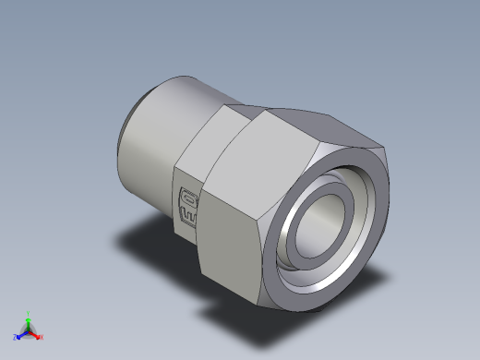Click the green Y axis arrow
point(29,320)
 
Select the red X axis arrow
point(36,334)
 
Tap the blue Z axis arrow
point(21,334)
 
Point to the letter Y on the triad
point(29,313)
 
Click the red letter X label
point(42,337)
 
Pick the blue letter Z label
point(16,337)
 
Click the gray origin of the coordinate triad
point(29,330)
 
